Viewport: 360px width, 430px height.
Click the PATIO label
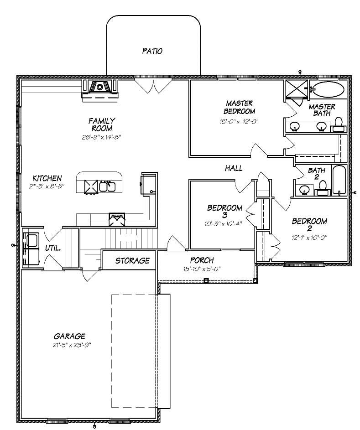(x=152, y=51)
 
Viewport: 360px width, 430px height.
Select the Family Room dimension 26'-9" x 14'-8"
(x=102, y=136)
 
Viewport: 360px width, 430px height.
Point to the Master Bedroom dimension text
(x=239, y=122)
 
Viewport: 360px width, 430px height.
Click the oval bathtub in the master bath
(x=328, y=89)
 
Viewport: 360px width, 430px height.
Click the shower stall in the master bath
(x=297, y=89)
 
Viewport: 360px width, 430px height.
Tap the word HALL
(x=233, y=168)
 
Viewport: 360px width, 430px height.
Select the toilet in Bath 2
(x=323, y=187)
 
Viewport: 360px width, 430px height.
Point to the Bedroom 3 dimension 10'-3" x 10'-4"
(x=224, y=224)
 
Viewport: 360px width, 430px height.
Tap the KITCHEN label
(x=47, y=178)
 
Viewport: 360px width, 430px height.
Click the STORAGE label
(x=132, y=260)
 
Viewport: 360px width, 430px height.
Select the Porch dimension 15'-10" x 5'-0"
(x=202, y=269)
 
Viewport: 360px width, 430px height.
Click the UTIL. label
(x=53, y=248)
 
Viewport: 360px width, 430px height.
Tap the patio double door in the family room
(x=154, y=85)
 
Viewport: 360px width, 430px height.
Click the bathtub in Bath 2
(x=339, y=181)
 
